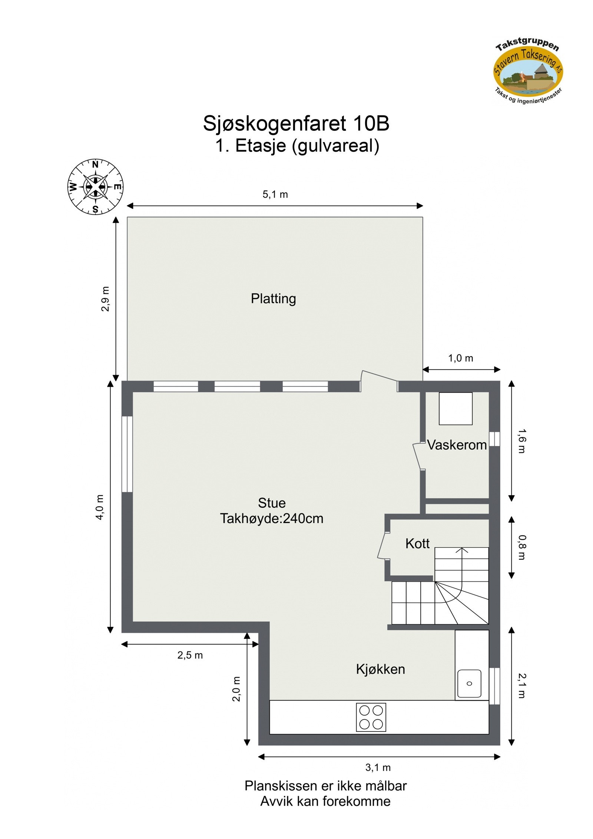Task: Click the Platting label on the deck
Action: click(x=273, y=298)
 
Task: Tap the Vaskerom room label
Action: click(x=457, y=445)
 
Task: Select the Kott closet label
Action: click(x=417, y=544)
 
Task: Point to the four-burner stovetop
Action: click(x=371, y=717)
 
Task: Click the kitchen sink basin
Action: click(x=469, y=683)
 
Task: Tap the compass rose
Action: click(x=95, y=186)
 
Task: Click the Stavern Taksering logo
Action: click(x=528, y=73)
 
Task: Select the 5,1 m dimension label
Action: click(x=275, y=194)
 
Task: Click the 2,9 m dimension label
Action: click(x=106, y=299)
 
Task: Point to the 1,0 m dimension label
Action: click(x=460, y=358)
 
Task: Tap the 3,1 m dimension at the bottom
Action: click(x=378, y=767)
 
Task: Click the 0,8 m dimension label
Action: click(x=521, y=547)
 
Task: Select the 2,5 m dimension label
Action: click(x=190, y=655)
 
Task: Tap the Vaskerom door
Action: click(x=418, y=456)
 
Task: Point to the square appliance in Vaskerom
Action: click(x=455, y=409)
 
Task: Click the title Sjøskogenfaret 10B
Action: click(x=296, y=123)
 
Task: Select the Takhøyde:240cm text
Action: click(x=271, y=518)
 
